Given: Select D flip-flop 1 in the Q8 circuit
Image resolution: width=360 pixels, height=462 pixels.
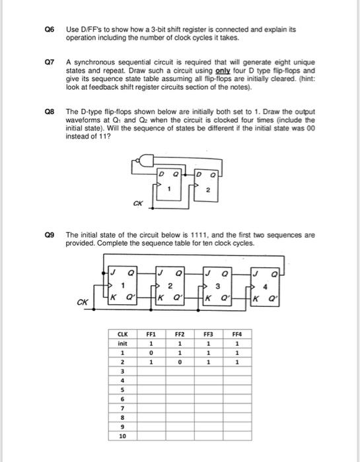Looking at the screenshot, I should pos(169,181).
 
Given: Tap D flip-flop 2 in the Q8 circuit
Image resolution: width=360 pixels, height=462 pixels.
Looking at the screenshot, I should pos(205,181).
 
